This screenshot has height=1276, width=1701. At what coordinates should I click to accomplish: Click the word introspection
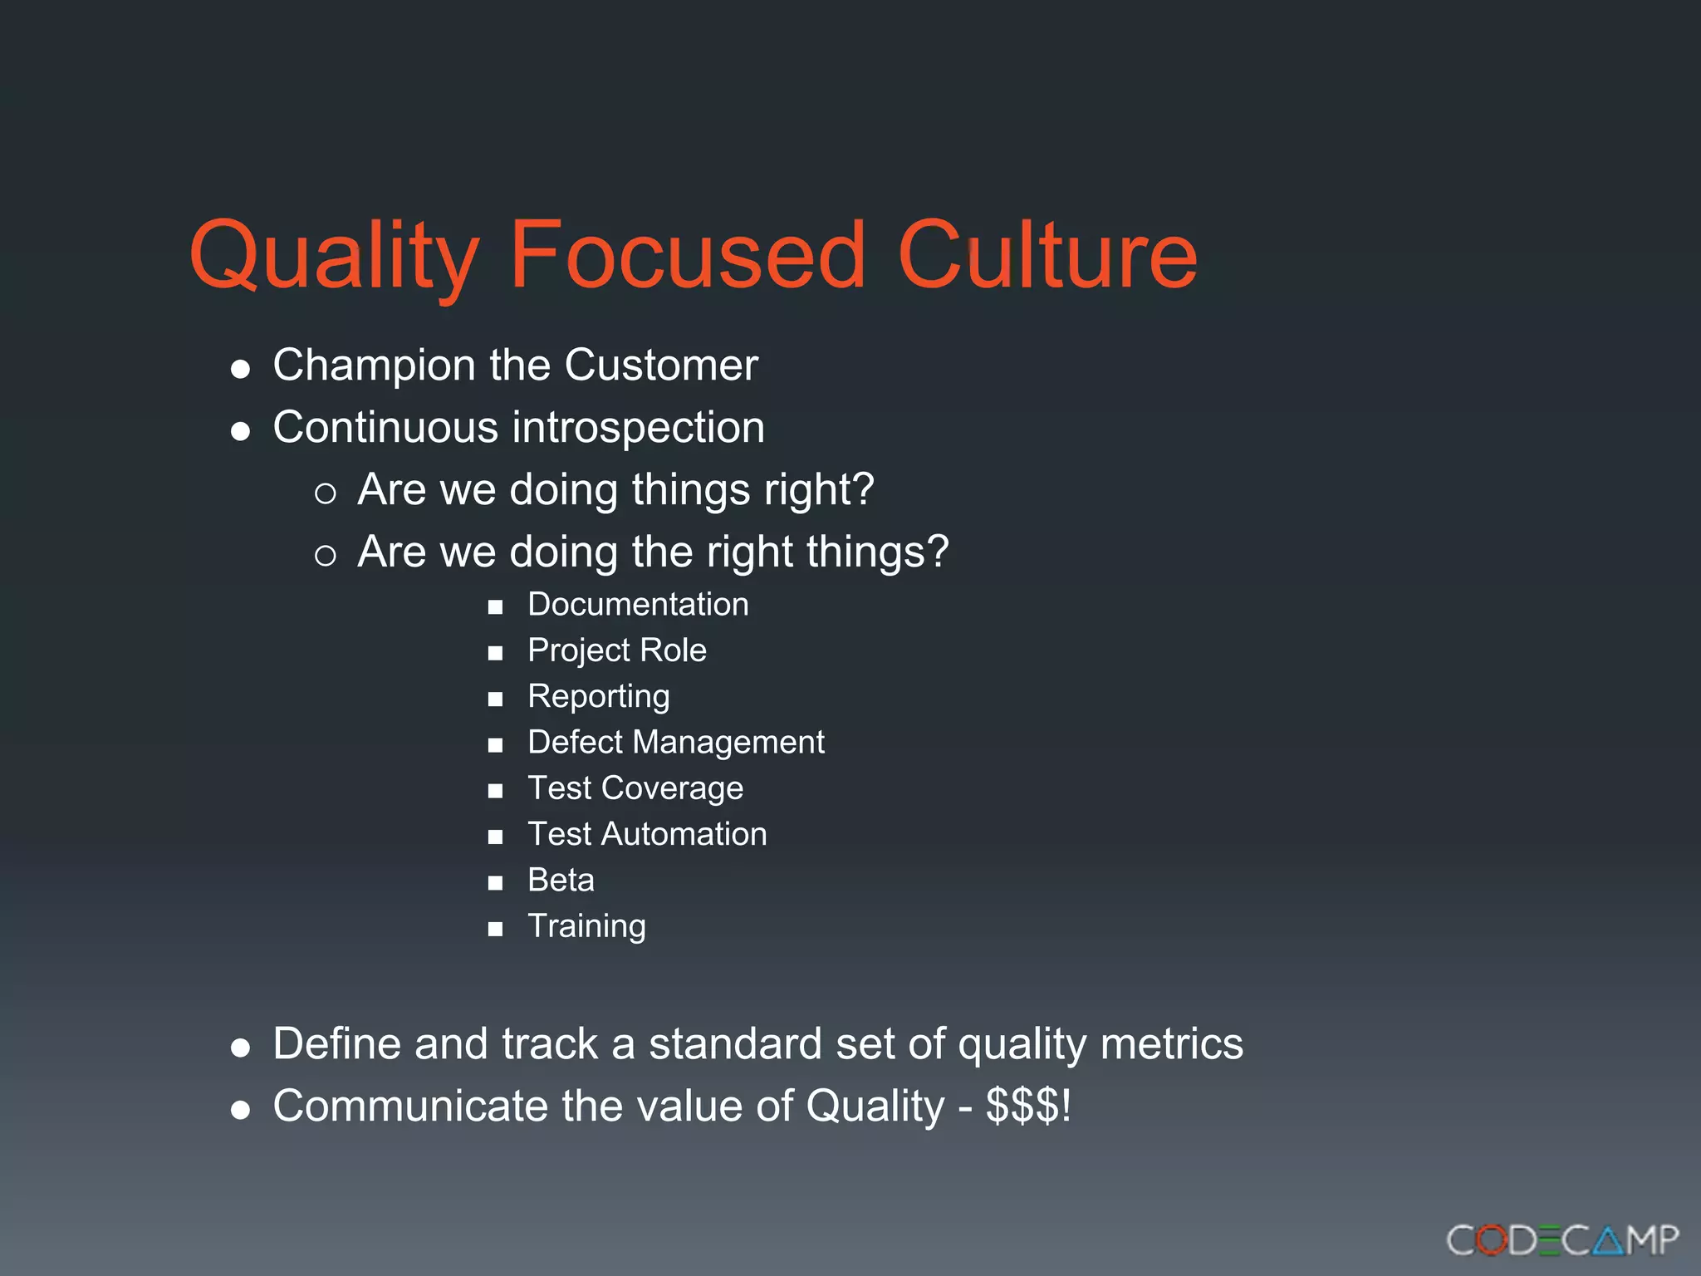(638, 428)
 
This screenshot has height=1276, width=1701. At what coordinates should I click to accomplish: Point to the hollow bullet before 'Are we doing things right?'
(326, 494)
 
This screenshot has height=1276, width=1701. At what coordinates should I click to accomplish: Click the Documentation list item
(638, 605)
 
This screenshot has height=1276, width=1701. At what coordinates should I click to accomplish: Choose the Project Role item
(617, 650)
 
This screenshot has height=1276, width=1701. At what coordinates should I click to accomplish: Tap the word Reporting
(599, 696)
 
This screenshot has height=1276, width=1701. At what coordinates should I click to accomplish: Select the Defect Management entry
(676, 742)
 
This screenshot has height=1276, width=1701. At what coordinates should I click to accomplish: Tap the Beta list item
(561, 880)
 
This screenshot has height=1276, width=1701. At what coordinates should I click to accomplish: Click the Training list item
(586, 926)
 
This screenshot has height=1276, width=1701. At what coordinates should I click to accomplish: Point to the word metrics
(1171, 1044)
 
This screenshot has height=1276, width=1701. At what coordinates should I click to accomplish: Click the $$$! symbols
(1028, 1107)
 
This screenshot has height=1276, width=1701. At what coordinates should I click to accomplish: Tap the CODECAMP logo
(1562, 1240)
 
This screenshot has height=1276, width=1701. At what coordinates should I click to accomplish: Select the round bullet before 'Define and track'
(241, 1048)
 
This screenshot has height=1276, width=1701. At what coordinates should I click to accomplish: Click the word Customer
(661, 366)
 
